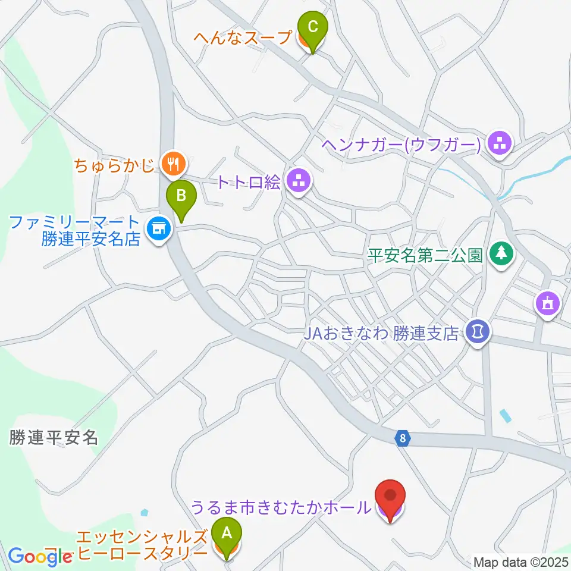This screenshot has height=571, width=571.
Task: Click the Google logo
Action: (x=40, y=556)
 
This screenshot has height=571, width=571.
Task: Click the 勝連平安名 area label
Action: (x=54, y=438)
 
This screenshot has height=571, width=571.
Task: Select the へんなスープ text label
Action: (x=243, y=37)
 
